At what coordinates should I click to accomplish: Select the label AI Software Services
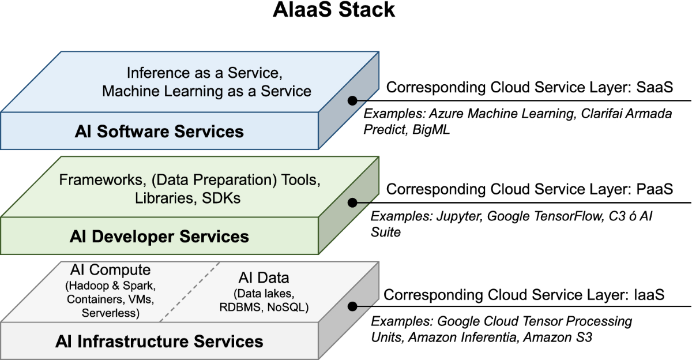click(159, 131)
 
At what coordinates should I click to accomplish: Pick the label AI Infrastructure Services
click(159, 341)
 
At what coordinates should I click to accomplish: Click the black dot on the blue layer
click(351, 100)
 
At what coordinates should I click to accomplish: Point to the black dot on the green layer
click(351, 202)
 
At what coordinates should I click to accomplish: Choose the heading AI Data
click(264, 277)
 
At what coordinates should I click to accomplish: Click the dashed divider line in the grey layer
click(190, 291)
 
